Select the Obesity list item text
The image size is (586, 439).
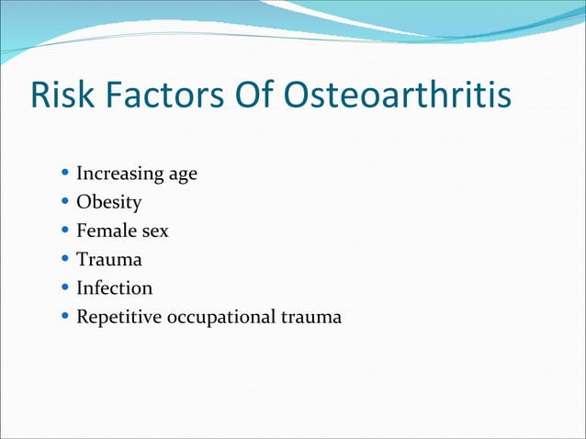(x=108, y=202)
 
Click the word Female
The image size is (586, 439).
(x=105, y=231)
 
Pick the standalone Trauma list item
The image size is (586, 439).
(x=108, y=260)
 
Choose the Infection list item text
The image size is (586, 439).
(x=114, y=288)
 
